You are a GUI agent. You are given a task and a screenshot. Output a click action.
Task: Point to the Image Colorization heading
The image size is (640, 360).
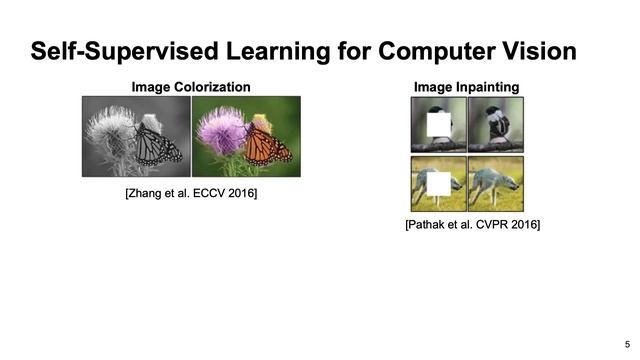(191, 87)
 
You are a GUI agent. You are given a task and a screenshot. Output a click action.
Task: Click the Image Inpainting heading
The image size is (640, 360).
(467, 87)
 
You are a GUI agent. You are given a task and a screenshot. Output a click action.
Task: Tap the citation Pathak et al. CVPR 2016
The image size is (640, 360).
(472, 226)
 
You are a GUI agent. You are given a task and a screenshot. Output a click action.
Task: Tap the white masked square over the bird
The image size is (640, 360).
(439, 126)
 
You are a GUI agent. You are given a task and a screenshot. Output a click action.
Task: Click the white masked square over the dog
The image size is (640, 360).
(439, 185)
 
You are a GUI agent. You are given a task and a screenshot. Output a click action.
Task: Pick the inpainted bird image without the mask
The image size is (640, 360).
(495, 124)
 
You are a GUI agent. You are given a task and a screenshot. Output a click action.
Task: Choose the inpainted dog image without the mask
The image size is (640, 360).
(495, 184)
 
